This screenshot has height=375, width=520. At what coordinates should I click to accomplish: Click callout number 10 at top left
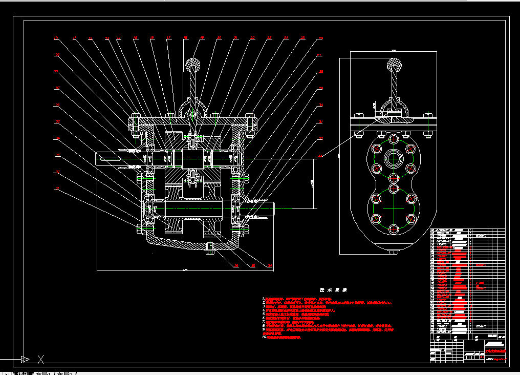[x=56, y=38]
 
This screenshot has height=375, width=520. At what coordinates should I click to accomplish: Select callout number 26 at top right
[x=320, y=38]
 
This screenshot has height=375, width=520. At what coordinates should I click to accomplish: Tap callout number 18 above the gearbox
[x=186, y=38]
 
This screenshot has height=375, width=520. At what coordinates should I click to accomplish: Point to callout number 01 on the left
[x=57, y=189]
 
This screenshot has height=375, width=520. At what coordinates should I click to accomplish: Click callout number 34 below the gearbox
[x=270, y=265]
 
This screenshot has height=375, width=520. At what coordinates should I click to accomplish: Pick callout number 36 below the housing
[x=236, y=265]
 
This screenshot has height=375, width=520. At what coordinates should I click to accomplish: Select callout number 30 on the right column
[x=320, y=105]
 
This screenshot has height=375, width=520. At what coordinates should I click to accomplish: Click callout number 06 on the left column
[x=57, y=105]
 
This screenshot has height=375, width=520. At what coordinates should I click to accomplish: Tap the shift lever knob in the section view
[x=192, y=65]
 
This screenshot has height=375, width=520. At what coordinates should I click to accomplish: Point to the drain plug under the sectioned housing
[x=209, y=248]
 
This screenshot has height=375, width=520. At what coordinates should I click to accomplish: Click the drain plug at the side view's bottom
[x=393, y=252]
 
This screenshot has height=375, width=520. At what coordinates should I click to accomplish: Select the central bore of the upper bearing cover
[x=393, y=158]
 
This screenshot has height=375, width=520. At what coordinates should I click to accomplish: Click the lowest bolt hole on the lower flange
[x=393, y=228]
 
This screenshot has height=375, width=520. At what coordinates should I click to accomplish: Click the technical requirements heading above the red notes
[x=333, y=290]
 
